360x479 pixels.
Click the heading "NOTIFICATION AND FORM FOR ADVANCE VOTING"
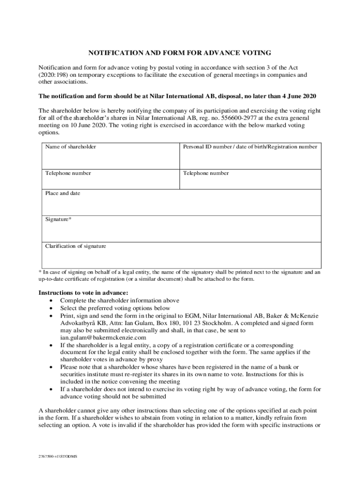click(x=180, y=53)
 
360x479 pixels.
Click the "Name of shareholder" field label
click(x=71, y=147)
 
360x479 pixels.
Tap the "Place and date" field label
click(x=63, y=193)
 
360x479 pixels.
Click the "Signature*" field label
click(x=58, y=219)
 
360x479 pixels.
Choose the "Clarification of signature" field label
click(x=75, y=246)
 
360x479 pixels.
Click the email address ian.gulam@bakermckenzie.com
click(x=103, y=337)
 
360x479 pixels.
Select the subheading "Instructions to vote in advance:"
click(x=84, y=293)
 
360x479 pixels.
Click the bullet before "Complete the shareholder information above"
click(x=50, y=301)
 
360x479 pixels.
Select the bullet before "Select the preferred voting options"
click(x=50, y=308)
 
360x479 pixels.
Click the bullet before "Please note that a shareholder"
click(x=50, y=367)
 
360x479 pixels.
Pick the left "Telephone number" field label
click(x=68, y=173)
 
